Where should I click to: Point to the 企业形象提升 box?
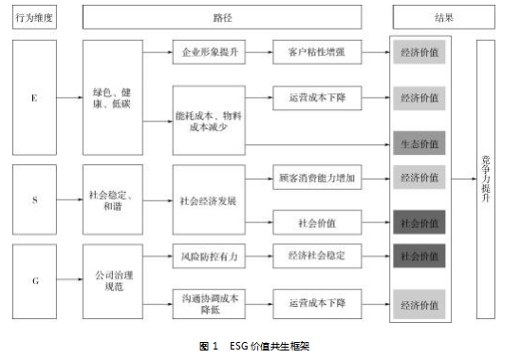(209, 51)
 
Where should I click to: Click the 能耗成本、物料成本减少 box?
(209, 119)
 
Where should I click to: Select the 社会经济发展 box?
(209, 200)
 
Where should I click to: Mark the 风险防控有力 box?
(209, 256)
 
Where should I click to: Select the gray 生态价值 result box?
(419, 143)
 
